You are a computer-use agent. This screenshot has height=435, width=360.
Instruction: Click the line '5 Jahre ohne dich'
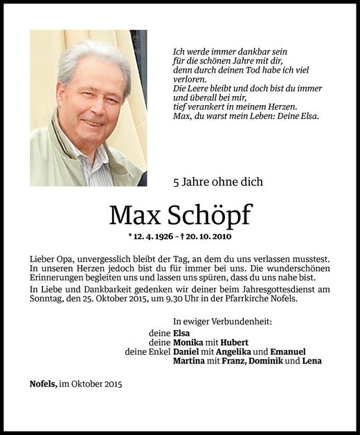tap(217, 183)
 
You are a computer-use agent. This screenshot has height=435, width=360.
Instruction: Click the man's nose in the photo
tap(91, 109)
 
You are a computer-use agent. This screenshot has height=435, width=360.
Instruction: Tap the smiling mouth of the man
tap(91, 122)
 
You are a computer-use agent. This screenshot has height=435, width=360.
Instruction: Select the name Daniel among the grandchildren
tap(187, 351)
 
